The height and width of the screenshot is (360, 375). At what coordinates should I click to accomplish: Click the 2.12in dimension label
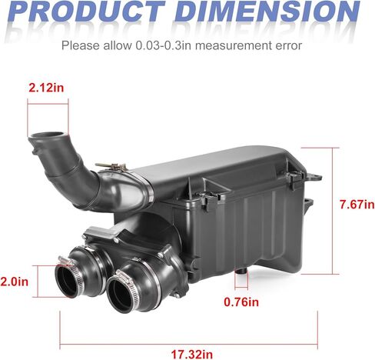[x=46, y=88]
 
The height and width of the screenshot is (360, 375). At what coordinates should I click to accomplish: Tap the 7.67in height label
[x=357, y=205]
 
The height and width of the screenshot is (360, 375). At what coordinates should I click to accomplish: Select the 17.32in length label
[x=192, y=355]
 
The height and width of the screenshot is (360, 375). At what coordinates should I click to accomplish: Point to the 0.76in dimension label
[x=241, y=302]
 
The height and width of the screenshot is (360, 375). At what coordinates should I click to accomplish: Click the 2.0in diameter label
[x=15, y=282]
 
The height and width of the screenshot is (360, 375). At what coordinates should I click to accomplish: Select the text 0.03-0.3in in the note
[x=163, y=45]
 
